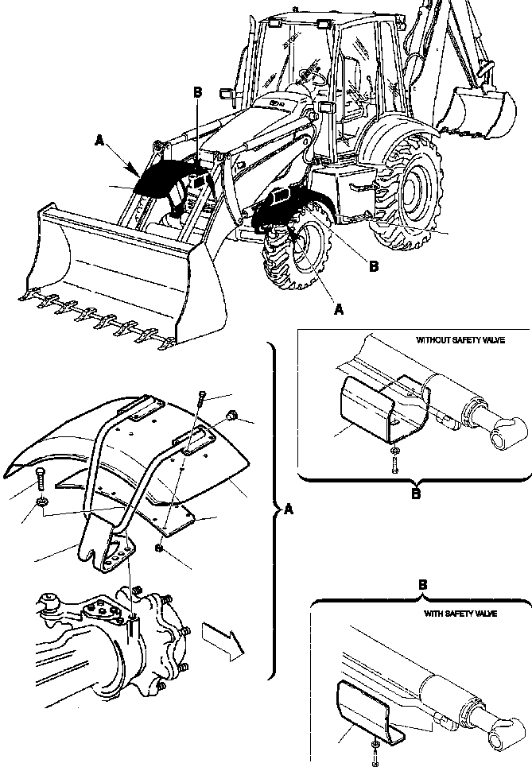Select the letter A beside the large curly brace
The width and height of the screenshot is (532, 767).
click(x=288, y=510)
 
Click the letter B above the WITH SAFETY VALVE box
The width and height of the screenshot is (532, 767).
click(x=423, y=584)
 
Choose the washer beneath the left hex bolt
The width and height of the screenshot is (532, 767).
click(x=41, y=503)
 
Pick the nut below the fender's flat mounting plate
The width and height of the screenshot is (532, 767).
click(x=160, y=548)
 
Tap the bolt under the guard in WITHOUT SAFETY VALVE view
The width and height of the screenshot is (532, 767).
click(x=395, y=460)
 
